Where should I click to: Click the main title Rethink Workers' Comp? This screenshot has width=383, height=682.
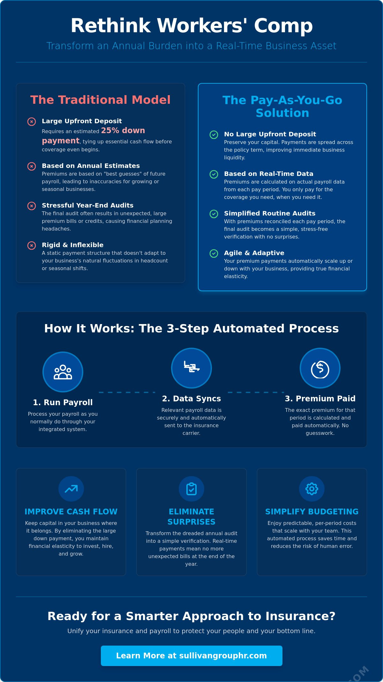[191, 26]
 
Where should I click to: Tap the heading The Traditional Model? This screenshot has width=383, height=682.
[101, 100]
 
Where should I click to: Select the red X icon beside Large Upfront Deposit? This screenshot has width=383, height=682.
[32, 122]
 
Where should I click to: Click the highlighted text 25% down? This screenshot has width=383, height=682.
[123, 130]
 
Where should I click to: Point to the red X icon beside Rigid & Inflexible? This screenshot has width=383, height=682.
[32, 246]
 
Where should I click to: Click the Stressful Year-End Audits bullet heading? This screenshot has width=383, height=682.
[87, 205]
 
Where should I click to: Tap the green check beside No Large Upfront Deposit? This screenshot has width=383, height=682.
[214, 135]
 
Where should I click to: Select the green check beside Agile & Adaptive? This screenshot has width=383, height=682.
[214, 254]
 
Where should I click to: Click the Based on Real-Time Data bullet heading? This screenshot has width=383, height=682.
[269, 174]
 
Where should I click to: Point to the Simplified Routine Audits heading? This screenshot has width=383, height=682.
[270, 213]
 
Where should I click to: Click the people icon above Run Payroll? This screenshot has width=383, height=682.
[63, 372]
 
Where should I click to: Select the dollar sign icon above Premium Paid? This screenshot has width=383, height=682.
[320, 369]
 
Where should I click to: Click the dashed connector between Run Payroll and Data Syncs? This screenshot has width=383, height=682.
[127, 392]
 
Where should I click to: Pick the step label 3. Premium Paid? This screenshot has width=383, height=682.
[320, 398]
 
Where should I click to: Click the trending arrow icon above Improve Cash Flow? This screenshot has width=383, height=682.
[71, 489]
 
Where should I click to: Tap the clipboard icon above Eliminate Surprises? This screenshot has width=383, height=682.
[191, 489]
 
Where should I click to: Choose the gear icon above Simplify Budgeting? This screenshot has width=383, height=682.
[312, 489]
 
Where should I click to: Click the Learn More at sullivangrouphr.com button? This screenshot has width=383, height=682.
[191, 656]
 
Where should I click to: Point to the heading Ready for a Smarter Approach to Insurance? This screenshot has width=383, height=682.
[191, 616]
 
